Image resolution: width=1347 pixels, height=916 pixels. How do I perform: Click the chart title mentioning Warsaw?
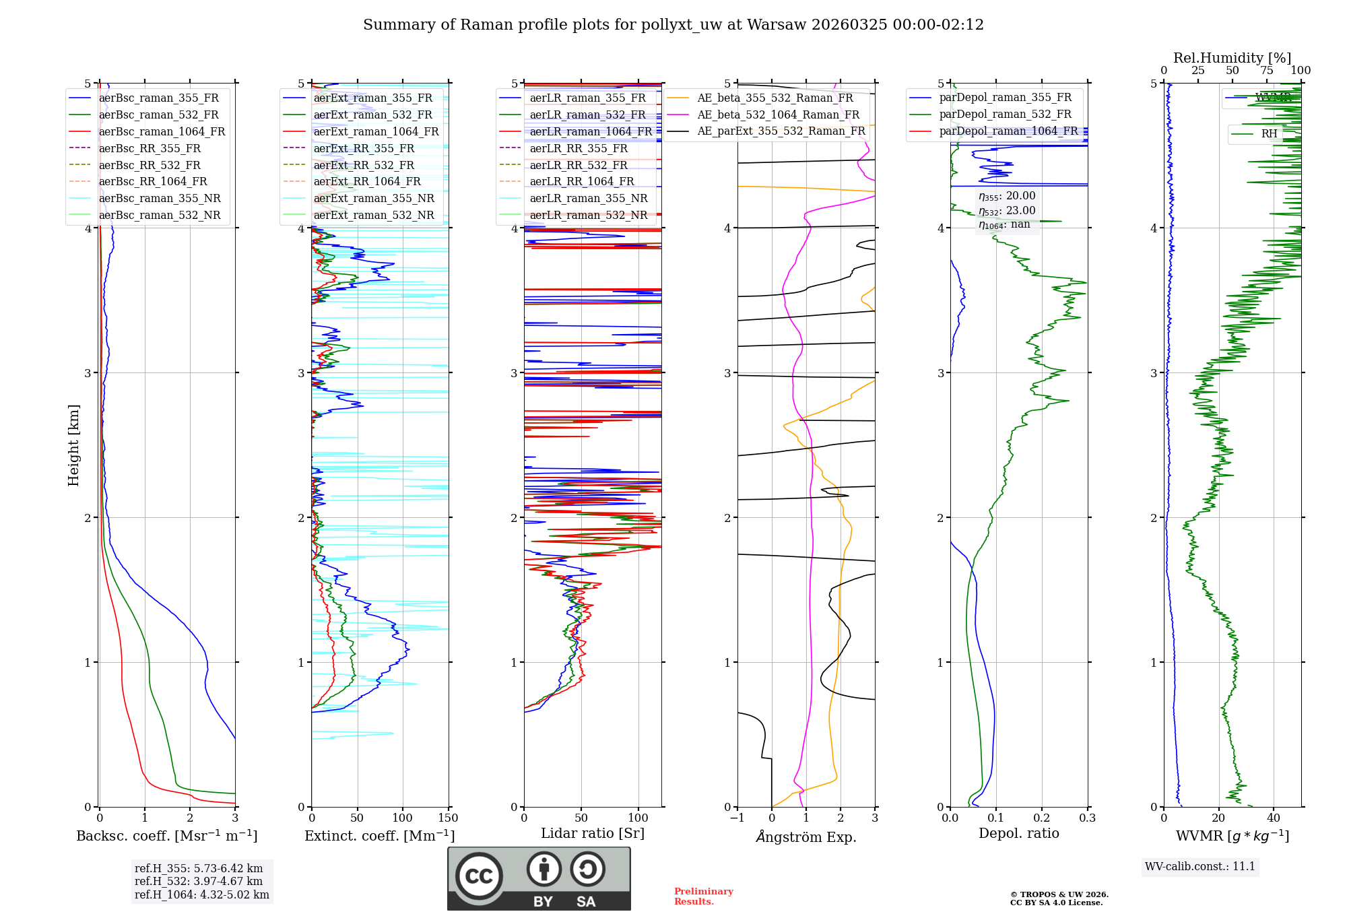(x=673, y=25)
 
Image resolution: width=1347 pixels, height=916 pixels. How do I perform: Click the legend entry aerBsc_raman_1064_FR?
(x=162, y=131)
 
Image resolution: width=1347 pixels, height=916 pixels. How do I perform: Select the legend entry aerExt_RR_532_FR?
(x=364, y=165)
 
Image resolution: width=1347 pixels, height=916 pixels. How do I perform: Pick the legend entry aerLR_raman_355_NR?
(x=588, y=198)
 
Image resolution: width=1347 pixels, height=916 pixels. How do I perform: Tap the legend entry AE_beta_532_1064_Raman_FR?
(x=778, y=115)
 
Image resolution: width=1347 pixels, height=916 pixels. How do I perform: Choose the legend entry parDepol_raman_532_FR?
(x=1005, y=115)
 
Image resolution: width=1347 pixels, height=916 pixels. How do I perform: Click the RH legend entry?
(x=1269, y=133)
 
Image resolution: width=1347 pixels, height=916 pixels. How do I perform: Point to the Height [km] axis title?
(x=73, y=445)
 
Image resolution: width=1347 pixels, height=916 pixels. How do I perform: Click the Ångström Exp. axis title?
(x=806, y=837)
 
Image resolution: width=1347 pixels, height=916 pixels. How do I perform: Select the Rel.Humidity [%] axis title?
(x=1232, y=58)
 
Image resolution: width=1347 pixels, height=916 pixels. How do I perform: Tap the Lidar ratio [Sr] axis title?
(x=593, y=833)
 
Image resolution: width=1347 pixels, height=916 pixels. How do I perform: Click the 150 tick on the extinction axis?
(x=448, y=818)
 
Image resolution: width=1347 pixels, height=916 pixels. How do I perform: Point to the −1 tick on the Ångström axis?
(x=737, y=818)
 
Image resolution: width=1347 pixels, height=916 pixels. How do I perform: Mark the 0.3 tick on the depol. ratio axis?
(x=1087, y=818)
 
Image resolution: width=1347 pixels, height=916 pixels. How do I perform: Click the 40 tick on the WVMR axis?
(x=1273, y=818)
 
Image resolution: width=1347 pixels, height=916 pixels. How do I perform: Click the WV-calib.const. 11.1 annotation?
(x=1200, y=866)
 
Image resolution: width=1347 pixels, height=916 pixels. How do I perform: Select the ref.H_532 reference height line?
(x=199, y=881)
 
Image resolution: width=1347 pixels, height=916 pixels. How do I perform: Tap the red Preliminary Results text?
(x=703, y=896)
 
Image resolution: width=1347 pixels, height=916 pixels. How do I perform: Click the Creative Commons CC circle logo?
(x=479, y=876)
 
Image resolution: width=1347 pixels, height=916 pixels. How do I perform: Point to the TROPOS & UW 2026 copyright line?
(x=1059, y=894)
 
